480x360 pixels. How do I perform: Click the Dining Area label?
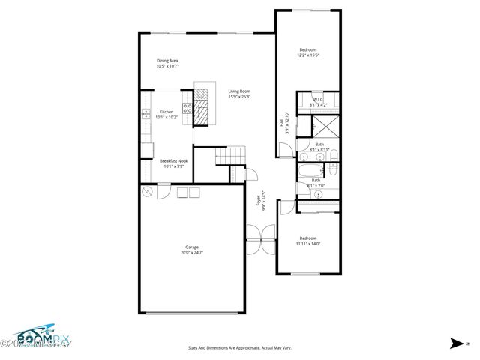(167, 61)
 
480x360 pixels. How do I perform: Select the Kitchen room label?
(166, 112)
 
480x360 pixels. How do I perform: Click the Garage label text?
(192, 247)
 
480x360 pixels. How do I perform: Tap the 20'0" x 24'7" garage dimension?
(192, 253)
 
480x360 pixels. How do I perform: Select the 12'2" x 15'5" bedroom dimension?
(307, 55)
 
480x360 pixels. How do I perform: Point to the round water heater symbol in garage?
(147, 192)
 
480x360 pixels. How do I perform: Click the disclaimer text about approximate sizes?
(239, 347)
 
